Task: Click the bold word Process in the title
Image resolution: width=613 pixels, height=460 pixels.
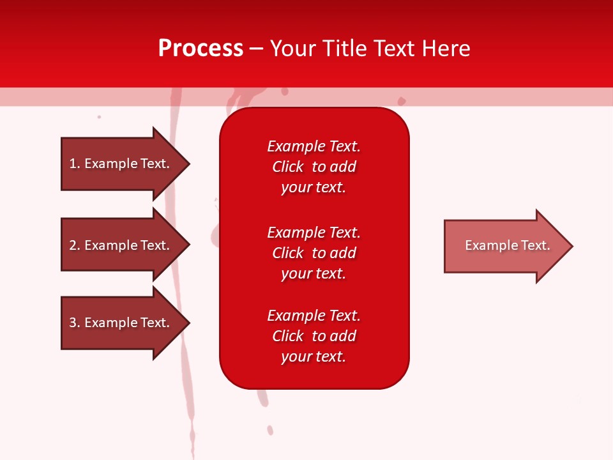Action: coord(201,49)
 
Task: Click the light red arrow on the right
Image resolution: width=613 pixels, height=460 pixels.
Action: coord(504,246)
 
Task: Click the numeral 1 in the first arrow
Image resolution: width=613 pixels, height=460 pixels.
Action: coord(73,164)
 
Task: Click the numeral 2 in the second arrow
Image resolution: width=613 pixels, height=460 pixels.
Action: coord(73,245)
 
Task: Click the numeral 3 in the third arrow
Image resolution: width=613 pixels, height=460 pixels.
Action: coord(73,323)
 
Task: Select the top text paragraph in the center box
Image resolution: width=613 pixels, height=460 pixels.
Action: coord(314,167)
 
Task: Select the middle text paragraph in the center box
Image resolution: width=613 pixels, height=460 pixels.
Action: coord(314,253)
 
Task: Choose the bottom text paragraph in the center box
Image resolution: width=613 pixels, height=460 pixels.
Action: coord(314,336)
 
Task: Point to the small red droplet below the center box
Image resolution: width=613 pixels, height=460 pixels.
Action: coord(270,430)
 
